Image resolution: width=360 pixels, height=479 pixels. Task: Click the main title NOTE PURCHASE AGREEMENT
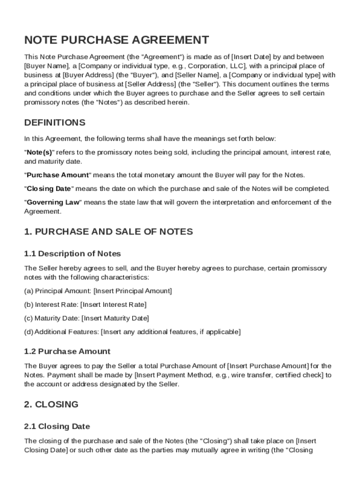[x=116, y=40]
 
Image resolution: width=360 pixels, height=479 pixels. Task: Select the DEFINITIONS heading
[x=55, y=123]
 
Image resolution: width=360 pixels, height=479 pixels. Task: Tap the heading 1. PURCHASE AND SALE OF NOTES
[x=108, y=232]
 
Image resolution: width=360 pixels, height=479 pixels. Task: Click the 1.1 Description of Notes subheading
[x=72, y=254]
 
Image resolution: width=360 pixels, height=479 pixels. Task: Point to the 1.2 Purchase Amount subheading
[x=67, y=351]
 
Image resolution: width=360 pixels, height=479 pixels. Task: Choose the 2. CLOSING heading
[x=51, y=404]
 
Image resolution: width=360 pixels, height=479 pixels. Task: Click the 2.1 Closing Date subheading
[x=57, y=427]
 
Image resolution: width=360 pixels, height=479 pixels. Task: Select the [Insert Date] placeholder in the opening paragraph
[x=252, y=57]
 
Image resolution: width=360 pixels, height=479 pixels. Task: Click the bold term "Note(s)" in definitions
[x=40, y=152]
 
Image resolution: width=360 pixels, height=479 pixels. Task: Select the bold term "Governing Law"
[x=53, y=203]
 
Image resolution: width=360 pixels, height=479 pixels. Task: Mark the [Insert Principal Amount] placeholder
[x=133, y=291]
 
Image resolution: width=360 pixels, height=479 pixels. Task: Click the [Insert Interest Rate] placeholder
[x=114, y=305]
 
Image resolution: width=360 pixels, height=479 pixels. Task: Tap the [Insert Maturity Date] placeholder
[x=115, y=319]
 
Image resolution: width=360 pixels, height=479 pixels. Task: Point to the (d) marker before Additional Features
[x=29, y=332]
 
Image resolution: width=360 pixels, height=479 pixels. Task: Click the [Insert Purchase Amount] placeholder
[x=268, y=366]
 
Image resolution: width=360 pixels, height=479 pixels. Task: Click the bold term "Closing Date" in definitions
[x=49, y=189]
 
